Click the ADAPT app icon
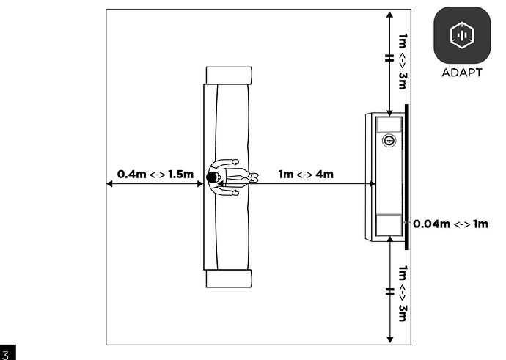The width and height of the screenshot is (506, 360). click(x=462, y=35)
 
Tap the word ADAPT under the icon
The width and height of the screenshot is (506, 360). click(x=462, y=73)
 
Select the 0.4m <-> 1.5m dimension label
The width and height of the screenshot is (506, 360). click(x=155, y=175)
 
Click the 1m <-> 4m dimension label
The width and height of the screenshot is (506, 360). click(x=306, y=175)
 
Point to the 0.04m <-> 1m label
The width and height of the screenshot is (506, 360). click(x=450, y=224)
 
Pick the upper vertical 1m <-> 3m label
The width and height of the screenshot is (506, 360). click(x=403, y=62)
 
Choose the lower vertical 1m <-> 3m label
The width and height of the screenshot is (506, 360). click(x=403, y=293)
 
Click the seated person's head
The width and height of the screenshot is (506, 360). click(x=212, y=177)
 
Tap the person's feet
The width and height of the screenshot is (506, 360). click(x=254, y=177)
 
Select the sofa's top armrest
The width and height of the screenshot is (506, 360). click(x=229, y=76)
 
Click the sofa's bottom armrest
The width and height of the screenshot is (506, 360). click(x=229, y=279)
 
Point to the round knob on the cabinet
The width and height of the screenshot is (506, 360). click(x=389, y=140)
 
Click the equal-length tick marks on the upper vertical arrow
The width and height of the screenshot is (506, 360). click(x=390, y=58)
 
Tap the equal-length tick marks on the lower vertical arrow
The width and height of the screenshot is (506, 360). click(x=390, y=292)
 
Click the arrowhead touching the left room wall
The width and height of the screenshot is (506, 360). click(x=109, y=183)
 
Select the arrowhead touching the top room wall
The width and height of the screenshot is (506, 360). click(x=390, y=15)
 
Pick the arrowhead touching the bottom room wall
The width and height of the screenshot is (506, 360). click(x=390, y=339)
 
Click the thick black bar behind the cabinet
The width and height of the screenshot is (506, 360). click(x=406, y=177)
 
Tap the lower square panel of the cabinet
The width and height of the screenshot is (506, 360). click(x=389, y=225)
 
